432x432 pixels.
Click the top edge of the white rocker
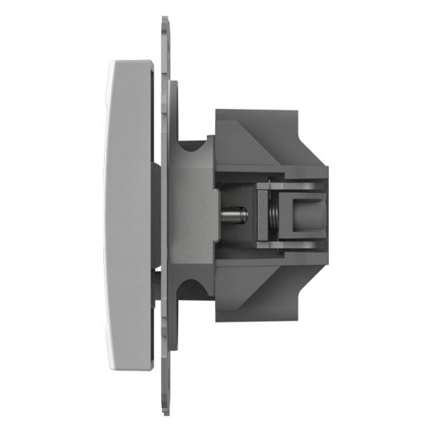pos(131,62)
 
